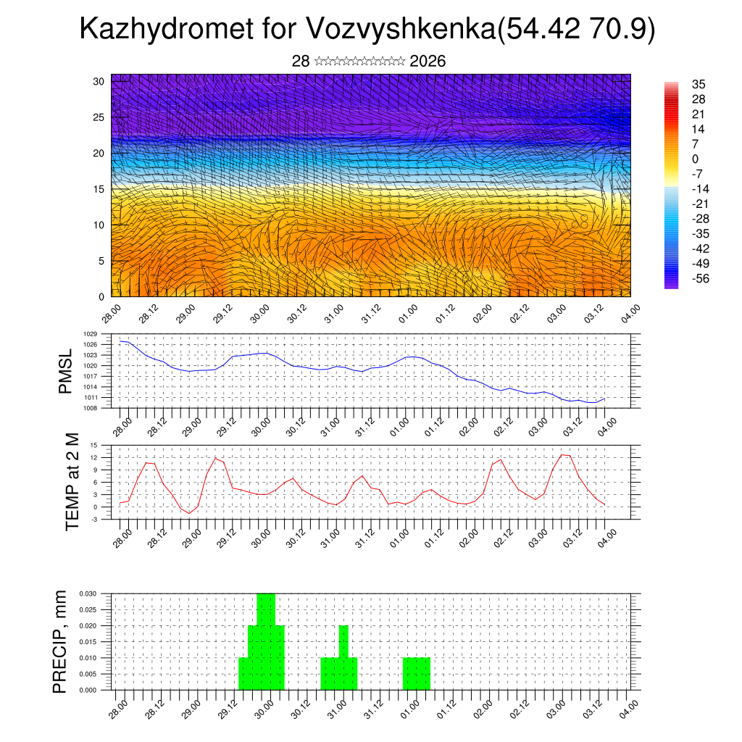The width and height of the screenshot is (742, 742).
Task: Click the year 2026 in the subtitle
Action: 428,62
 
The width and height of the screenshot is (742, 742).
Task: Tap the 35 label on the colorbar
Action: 699,84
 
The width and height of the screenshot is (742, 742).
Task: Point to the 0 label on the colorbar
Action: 696,159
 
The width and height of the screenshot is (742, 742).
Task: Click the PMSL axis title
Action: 65,371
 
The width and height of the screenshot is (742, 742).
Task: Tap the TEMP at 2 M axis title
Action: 72,482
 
